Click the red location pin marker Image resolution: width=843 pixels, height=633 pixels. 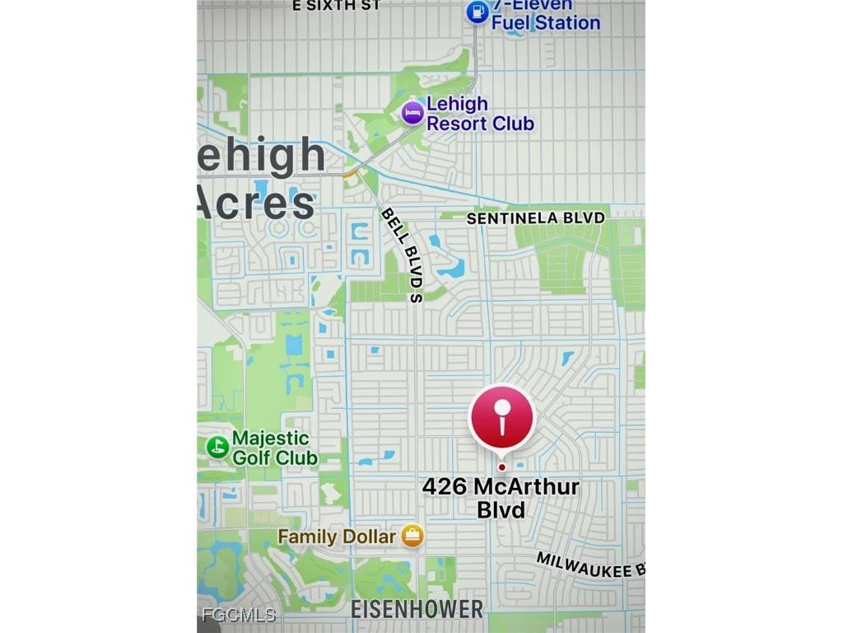(x=501, y=417)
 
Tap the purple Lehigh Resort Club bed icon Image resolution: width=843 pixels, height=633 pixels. (x=412, y=113)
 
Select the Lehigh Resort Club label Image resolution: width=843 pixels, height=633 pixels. (x=480, y=114)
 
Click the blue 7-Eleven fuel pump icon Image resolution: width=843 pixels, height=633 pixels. (x=477, y=12)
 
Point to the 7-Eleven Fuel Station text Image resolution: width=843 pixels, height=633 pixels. (x=544, y=15)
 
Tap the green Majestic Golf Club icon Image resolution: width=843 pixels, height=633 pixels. (x=217, y=447)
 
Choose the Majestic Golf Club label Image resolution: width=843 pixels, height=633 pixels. (x=273, y=448)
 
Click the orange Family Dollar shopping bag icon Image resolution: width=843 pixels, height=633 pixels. (x=412, y=537)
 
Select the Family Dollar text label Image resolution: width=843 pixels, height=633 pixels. (x=336, y=537)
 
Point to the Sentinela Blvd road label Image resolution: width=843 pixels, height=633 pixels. (x=535, y=218)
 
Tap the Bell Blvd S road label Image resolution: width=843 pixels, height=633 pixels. (x=403, y=254)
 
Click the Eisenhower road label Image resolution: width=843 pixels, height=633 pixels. (x=417, y=610)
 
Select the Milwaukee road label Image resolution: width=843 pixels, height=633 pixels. (x=589, y=565)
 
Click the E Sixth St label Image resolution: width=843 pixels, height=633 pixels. (x=337, y=5)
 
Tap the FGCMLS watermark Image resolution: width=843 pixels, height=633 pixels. (x=239, y=615)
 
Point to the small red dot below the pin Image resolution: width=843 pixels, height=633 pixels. (x=501, y=467)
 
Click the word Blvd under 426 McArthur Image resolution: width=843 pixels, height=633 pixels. (x=501, y=509)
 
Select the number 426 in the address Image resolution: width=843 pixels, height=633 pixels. (x=445, y=486)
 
